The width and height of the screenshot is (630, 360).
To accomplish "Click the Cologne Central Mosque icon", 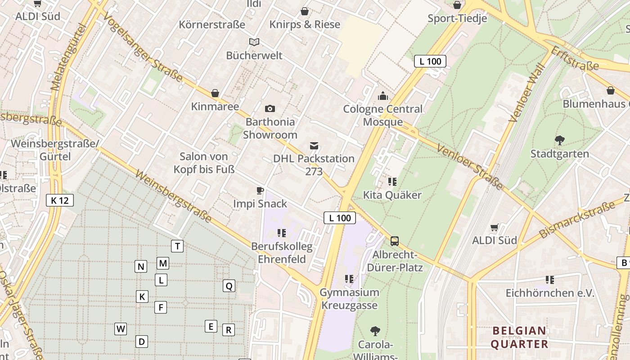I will point(383,96).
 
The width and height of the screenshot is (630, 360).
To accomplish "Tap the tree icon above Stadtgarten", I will point(560,140).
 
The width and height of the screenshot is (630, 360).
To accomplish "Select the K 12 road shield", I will point(60,200).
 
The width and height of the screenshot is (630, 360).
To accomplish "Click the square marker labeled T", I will point(177,246).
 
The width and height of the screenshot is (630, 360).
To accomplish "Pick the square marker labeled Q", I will point(229,286).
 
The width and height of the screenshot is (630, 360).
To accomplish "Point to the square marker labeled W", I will point(121,329).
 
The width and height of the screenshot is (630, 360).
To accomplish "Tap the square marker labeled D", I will point(142,342).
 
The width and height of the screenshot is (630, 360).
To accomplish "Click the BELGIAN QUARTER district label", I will point(519,337).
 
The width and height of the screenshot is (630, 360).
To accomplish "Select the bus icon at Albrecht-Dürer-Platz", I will point(395,241).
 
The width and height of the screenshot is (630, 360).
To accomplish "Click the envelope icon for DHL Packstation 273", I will point(314,146).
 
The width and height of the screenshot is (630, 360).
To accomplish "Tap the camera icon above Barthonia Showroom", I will point(270,108).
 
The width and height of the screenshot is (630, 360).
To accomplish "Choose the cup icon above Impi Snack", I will point(260,190).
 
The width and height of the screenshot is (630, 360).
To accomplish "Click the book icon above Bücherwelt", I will point(254,42).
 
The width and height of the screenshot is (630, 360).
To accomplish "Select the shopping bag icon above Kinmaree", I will point(215,93).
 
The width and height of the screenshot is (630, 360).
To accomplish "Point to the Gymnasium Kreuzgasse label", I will point(349,299).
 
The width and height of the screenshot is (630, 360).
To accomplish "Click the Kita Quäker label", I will point(392,195).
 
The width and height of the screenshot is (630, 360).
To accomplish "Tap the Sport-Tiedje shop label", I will point(457,18).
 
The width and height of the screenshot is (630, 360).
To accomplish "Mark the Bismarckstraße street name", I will point(577,220).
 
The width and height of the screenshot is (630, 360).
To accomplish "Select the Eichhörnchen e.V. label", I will point(550,293).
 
